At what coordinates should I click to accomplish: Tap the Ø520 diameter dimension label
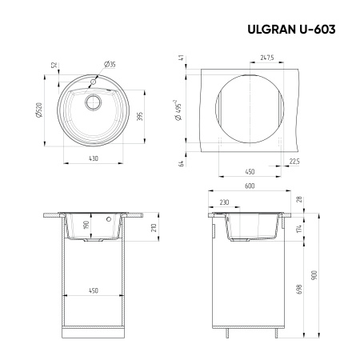click(38, 114)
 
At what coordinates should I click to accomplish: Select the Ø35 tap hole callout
click(110, 63)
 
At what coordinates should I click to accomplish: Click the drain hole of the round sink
click(90, 102)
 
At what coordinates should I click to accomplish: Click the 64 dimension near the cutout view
click(182, 164)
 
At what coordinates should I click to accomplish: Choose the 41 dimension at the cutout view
click(182, 58)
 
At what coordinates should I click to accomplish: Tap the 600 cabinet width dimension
click(250, 186)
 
